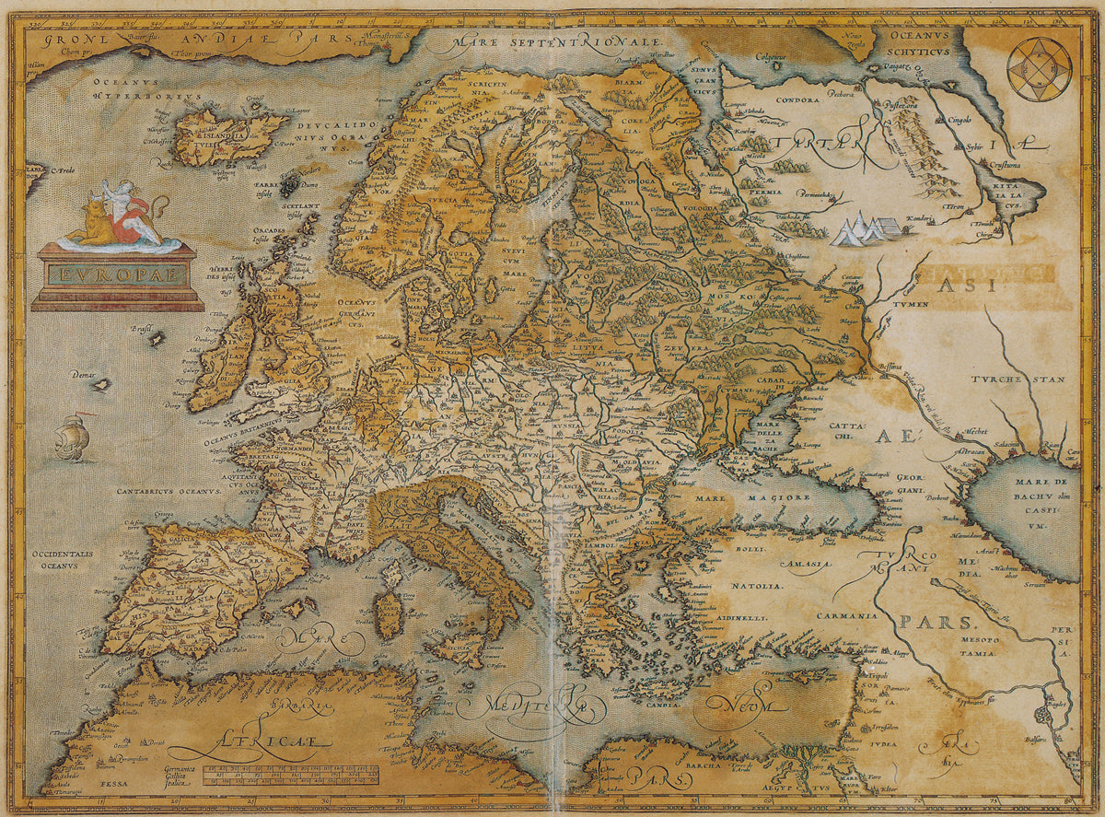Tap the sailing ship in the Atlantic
point(72,438)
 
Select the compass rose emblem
point(1039,69)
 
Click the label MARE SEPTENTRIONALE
point(555,41)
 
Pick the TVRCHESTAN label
point(1017,379)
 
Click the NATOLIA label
point(758,586)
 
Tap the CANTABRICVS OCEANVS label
point(168,492)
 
